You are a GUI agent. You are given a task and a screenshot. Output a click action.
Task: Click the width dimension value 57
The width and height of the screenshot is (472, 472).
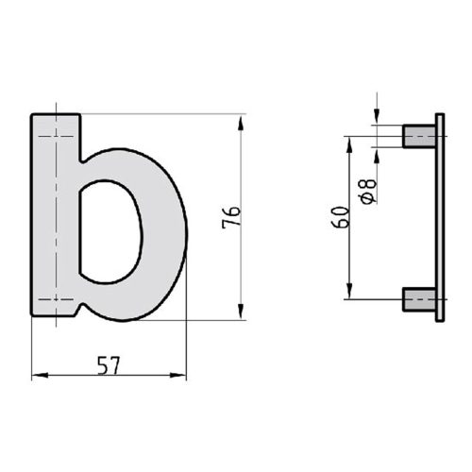pos(109,364)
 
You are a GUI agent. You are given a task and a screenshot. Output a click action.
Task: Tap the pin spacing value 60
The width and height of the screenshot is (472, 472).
pos(342,216)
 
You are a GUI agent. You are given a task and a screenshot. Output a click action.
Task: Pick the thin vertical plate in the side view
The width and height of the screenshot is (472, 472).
pos(439,217)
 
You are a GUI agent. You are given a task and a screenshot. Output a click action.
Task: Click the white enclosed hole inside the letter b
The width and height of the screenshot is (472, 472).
pos(109,231)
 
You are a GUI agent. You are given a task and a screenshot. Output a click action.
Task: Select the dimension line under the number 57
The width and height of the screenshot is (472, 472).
pos(109,377)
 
